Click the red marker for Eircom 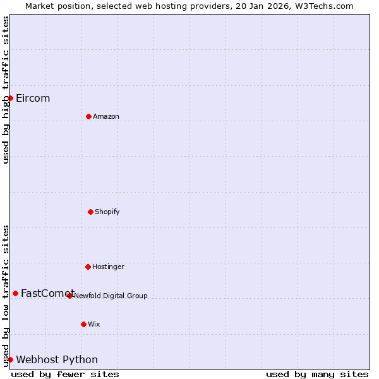(x=10, y=98)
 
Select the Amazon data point (x=88, y=116)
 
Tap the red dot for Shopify (x=90, y=212)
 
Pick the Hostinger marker (x=88, y=267)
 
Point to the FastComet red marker (x=15, y=293)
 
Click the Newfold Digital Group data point (x=69, y=296)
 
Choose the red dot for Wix (x=83, y=324)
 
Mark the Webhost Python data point (x=10, y=359)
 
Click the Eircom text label (x=33, y=98)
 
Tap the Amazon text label (x=106, y=116)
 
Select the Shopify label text (x=107, y=212)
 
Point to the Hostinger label (x=108, y=267)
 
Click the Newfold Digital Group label (x=111, y=296)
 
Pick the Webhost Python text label (x=57, y=359)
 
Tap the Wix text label (x=94, y=324)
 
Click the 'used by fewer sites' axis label (x=65, y=374)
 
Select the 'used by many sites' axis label (x=317, y=374)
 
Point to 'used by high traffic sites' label (x=6, y=90)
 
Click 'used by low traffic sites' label (x=6, y=296)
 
